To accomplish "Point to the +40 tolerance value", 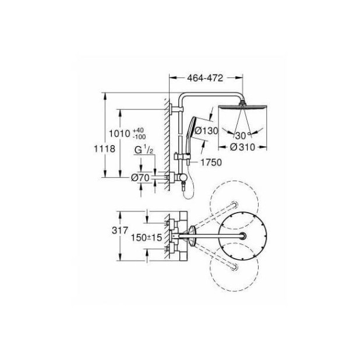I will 137,129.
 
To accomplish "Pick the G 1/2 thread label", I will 143,151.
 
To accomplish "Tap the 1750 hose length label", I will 210,163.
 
